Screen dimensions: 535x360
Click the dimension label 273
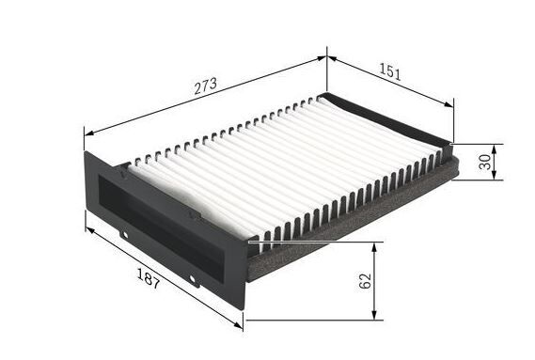click(x=205, y=86)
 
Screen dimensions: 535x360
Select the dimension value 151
click(x=390, y=72)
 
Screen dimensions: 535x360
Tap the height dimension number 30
click(x=485, y=162)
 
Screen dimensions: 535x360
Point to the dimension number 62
click(x=365, y=281)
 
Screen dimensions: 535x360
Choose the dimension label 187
click(x=148, y=278)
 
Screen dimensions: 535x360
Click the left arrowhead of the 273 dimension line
click(x=89, y=133)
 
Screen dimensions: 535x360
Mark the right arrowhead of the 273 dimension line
click(x=322, y=58)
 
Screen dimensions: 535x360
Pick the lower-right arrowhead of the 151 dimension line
click(x=449, y=104)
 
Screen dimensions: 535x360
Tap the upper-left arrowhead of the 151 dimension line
click(x=332, y=59)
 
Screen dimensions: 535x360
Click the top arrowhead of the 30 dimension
click(x=495, y=149)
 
